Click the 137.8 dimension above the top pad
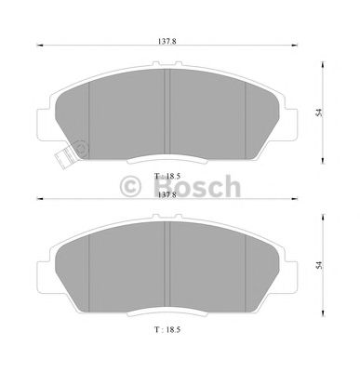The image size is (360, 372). pyautogui.click(x=167, y=40)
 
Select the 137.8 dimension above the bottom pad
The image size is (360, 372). pyautogui.click(x=167, y=195)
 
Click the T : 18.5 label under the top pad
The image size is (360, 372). pyautogui.click(x=167, y=175)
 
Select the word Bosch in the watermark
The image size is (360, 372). pyautogui.click(x=198, y=188)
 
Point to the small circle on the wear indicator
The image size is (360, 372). pyautogui.click(x=78, y=146)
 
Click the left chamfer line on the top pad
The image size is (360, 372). pyautogui.click(x=88, y=112)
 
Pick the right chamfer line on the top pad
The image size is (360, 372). pyautogui.click(x=245, y=112)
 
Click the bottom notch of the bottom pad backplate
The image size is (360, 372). pyautogui.click(x=167, y=313)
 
